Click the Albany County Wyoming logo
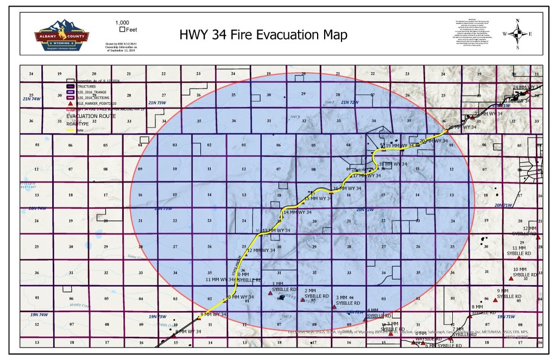tap(58, 35)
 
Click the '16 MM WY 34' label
tap(347, 188)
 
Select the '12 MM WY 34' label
tap(261, 251)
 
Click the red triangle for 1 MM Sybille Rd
tap(270, 293)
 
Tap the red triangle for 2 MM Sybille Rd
tap(303, 300)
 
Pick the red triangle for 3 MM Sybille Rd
tap(334, 307)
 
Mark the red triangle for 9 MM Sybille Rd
tap(495, 299)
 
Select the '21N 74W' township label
tap(31, 99)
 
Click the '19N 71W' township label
tap(505, 316)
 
